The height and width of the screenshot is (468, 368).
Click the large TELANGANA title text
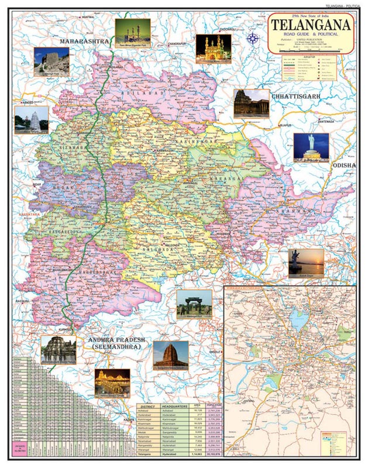pos(311,25)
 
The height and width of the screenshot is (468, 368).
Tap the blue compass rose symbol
pos(253,40)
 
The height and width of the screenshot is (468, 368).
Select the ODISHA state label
pos(343,166)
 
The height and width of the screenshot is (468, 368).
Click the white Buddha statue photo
pos(311,147)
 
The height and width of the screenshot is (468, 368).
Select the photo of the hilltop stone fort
pos(51,61)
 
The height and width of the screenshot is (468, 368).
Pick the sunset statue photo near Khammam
pos(305,263)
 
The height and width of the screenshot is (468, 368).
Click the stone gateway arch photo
pos(194,304)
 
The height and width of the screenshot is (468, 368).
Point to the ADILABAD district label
pos(136,93)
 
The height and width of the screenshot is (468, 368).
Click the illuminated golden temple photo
pos(112,381)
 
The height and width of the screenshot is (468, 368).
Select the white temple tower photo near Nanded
pos(31,119)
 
